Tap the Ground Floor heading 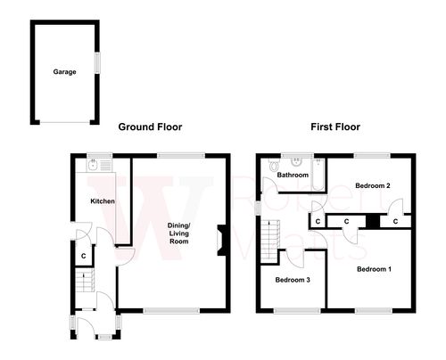150,127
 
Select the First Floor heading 334,127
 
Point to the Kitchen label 103,201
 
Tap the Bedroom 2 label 373,186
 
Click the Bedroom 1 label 373,268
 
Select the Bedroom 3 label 292,280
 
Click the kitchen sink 93,166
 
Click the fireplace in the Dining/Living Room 221,241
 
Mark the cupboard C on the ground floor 83,257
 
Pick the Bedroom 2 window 373,155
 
